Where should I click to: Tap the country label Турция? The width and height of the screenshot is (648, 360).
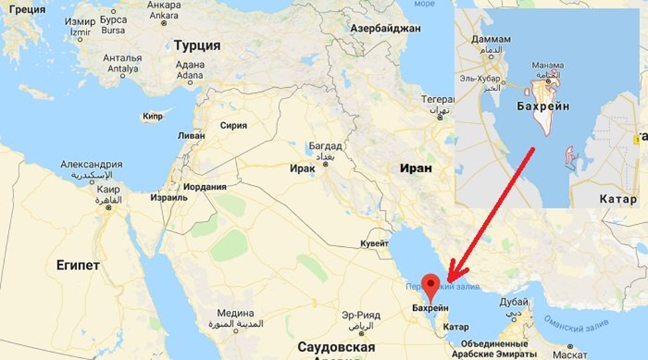click(x=197, y=46)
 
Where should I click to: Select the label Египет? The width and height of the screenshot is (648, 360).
click(x=78, y=265)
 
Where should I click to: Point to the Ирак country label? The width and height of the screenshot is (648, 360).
click(x=301, y=168)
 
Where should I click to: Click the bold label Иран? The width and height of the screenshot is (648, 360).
click(x=416, y=168)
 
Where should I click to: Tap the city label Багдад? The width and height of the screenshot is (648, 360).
click(x=325, y=146)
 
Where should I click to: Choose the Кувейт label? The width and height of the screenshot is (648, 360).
click(x=375, y=244)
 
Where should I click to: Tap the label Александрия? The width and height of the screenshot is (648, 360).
click(x=91, y=164)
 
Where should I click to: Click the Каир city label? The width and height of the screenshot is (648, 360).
click(x=106, y=189)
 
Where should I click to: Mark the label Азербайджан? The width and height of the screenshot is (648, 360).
click(x=386, y=29)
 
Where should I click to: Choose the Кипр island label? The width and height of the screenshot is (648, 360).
click(x=152, y=116)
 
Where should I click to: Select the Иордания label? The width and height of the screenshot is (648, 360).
click(x=205, y=187)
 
